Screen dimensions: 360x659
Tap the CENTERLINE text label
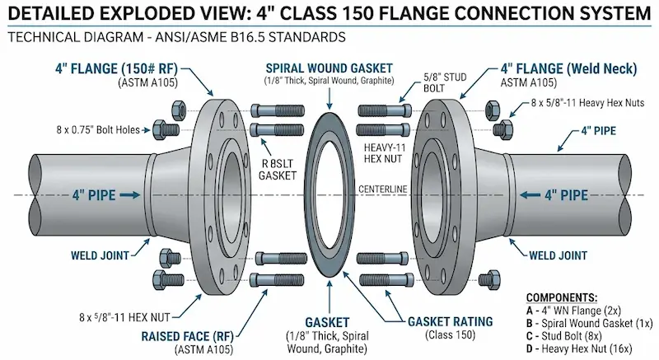(x=381, y=189)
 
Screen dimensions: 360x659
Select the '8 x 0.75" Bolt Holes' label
(x=97, y=129)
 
